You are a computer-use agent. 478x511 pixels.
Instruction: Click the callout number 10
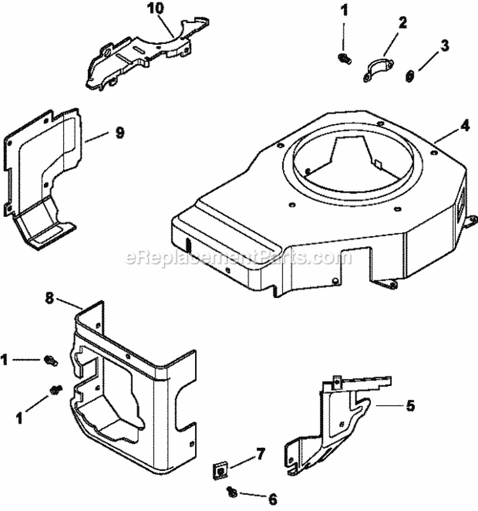[155, 8]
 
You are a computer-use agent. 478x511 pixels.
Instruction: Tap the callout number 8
[49, 297]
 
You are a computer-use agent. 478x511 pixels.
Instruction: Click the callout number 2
[402, 23]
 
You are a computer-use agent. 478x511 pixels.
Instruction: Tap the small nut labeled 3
[409, 76]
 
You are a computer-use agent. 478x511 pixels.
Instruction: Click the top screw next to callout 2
[344, 59]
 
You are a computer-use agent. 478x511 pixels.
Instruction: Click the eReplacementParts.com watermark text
[238, 258]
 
